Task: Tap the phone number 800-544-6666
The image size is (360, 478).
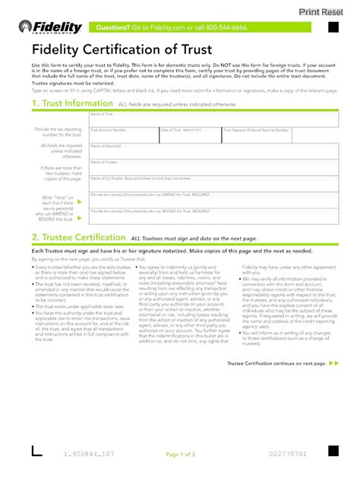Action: (x=226, y=27)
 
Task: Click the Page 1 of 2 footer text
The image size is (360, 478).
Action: (x=180, y=454)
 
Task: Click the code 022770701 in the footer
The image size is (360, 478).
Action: (x=286, y=454)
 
